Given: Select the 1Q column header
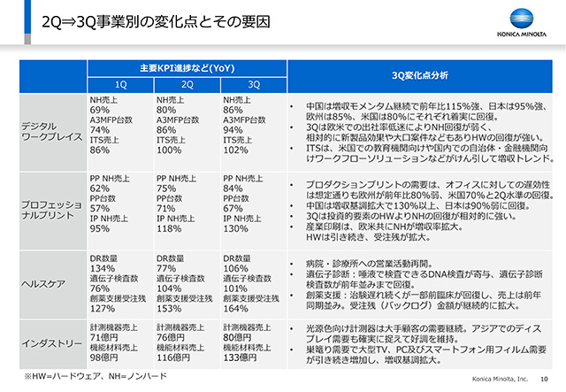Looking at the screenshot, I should point(120,84).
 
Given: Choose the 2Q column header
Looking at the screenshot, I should point(186,84).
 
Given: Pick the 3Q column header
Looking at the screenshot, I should point(253,84).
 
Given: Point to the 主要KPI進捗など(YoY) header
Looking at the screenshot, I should point(187,68).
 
